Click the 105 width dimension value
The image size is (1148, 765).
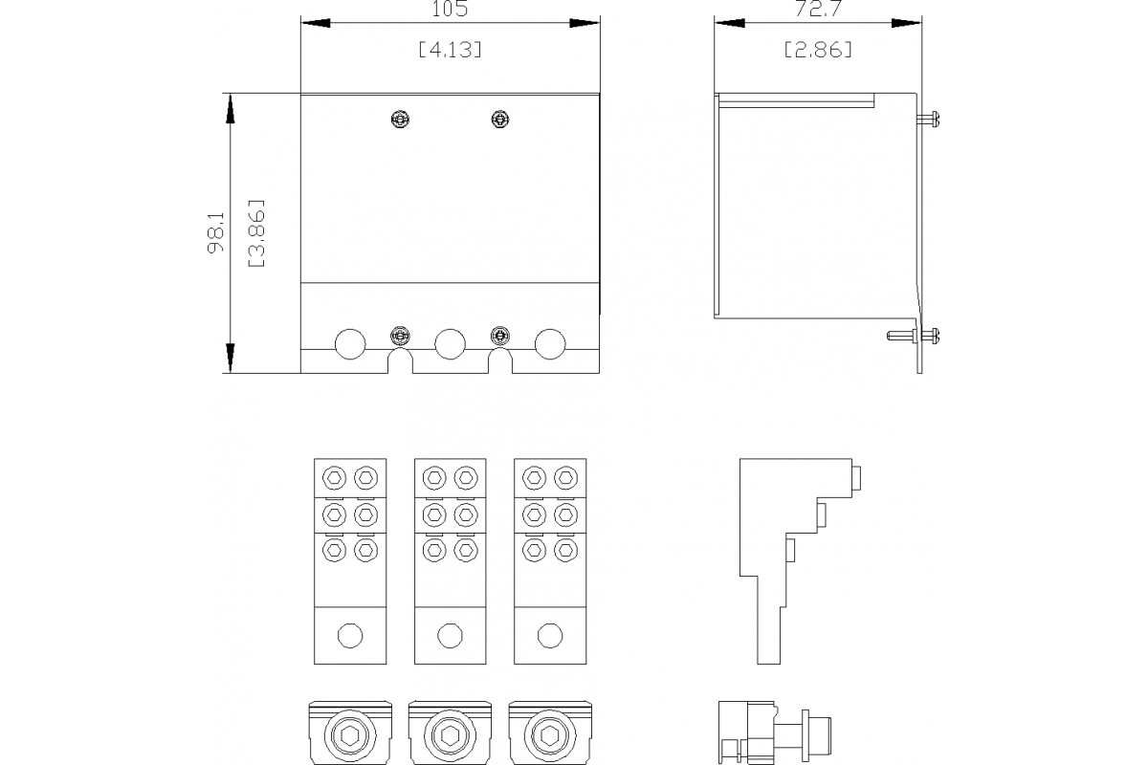tap(450, 11)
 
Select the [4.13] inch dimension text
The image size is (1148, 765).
tap(450, 50)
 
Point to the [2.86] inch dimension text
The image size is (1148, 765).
tap(817, 50)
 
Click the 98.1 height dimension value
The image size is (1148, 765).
tap(216, 232)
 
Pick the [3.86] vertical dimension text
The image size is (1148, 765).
tap(255, 232)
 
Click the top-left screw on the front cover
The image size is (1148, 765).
tap(401, 119)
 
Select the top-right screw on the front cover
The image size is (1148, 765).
tap(498, 119)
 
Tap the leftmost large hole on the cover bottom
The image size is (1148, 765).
tap(349, 343)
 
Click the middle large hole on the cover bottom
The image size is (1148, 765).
tap(450, 343)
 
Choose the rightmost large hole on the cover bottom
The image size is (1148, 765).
tap(550, 343)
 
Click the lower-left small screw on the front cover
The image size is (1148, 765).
tap(401, 335)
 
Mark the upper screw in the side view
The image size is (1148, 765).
tap(930, 119)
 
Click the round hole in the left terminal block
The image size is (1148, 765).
tap(350, 635)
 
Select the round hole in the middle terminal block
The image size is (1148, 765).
tap(450, 635)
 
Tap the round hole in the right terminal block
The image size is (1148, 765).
tap(549, 635)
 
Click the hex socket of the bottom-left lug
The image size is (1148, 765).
tap(350, 736)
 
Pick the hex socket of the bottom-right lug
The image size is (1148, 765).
tap(549, 736)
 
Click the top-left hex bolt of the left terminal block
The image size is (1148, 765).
tap(335, 476)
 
